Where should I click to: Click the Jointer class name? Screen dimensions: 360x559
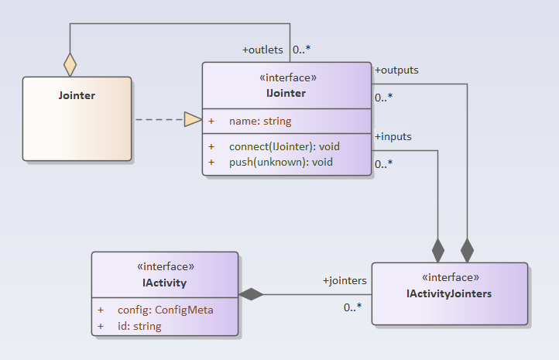point(77,96)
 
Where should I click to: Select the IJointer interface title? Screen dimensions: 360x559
point(286,94)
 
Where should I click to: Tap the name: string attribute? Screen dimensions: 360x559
point(259,122)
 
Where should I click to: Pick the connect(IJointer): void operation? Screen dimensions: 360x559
point(284,146)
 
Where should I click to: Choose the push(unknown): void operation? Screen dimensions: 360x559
point(280,162)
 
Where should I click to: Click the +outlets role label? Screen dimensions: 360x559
point(262,50)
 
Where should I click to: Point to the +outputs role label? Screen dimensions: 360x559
point(396,70)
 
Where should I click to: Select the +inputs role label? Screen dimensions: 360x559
point(393,136)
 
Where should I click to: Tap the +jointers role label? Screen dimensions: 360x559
point(345,280)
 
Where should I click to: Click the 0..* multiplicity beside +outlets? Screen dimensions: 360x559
point(301,50)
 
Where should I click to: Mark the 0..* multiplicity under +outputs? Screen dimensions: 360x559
point(383,98)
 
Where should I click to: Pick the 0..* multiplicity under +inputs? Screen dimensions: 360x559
point(383,164)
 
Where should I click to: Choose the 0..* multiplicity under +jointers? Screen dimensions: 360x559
point(353,307)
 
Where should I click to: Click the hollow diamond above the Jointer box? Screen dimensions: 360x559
point(70,64)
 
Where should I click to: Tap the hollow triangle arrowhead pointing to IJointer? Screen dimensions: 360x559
point(192,119)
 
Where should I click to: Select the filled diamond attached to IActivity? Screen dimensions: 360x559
point(251,294)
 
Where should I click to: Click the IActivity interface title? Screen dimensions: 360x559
point(165,283)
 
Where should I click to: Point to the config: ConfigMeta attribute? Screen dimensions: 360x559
point(165,310)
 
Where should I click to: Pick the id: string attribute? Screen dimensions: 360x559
point(139,326)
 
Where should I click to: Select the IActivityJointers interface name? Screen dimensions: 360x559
point(449,293)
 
